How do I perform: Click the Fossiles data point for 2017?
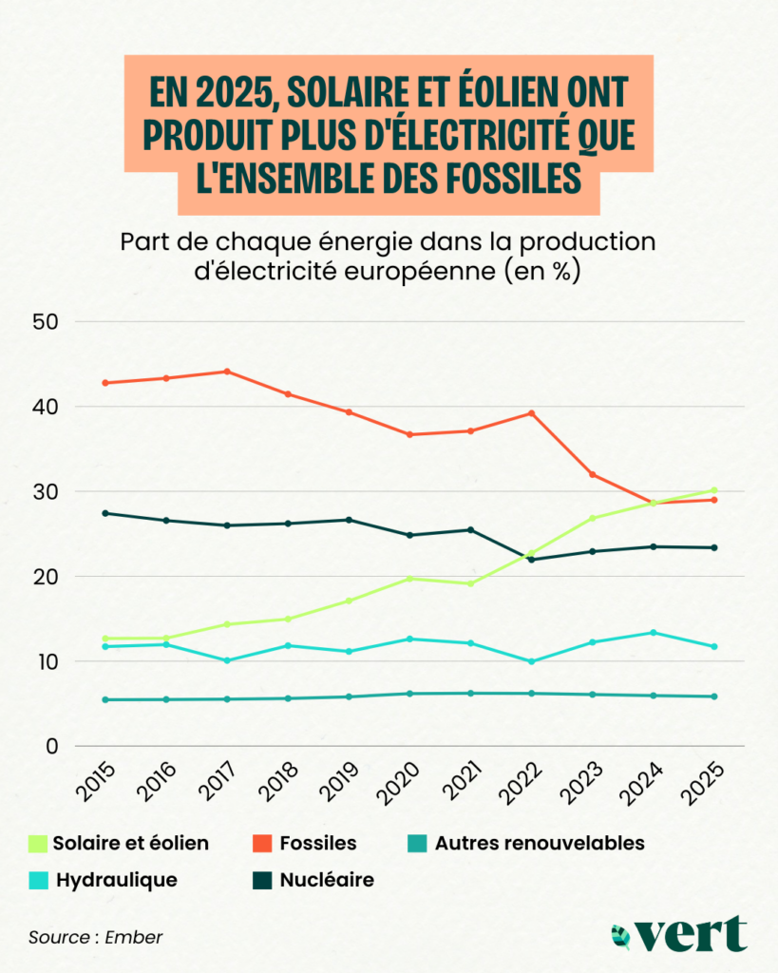coord(226,372)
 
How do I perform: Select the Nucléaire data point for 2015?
coord(104,513)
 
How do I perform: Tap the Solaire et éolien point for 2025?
coord(714,490)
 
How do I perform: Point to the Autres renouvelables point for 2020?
coord(409,694)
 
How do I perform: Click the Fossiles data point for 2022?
coord(532,413)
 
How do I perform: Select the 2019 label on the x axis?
coord(343,785)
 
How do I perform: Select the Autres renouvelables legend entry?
coord(539,843)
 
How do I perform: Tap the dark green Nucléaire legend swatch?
coord(262,880)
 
